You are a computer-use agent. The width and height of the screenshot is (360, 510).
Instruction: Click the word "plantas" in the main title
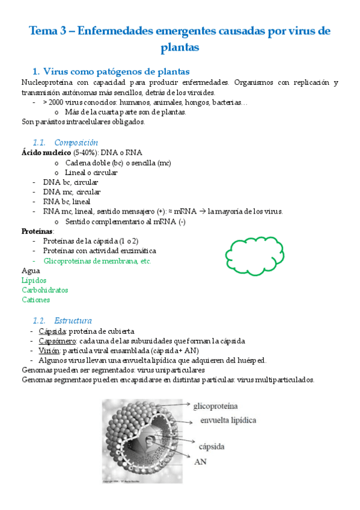pos(180,46)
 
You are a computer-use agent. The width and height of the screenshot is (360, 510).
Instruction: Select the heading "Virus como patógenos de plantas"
pos(117,72)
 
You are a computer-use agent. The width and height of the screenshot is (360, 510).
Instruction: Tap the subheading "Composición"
pos(76,143)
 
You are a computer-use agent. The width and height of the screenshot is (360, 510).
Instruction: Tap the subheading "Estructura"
pos(73,321)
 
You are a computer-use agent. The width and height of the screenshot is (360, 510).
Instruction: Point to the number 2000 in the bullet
pos(62,103)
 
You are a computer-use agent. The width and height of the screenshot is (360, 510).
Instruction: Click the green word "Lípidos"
pos(34,280)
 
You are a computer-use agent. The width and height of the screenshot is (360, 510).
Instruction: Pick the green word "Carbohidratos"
pos(44,290)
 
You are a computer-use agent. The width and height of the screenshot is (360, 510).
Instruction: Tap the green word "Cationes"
pos(35,300)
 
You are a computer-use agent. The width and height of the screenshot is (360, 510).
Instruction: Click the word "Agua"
pos(31,271)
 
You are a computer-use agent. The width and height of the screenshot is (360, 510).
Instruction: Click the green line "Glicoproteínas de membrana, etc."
pos(97,261)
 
